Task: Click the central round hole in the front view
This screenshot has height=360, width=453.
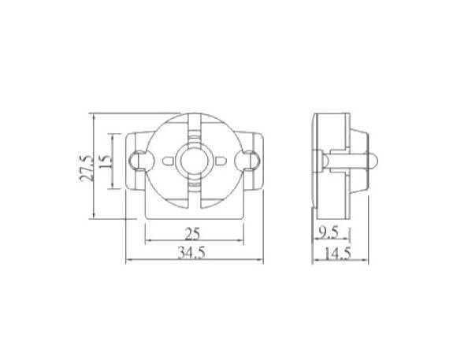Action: [194, 160]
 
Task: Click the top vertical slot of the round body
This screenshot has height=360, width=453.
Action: [194, 126]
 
